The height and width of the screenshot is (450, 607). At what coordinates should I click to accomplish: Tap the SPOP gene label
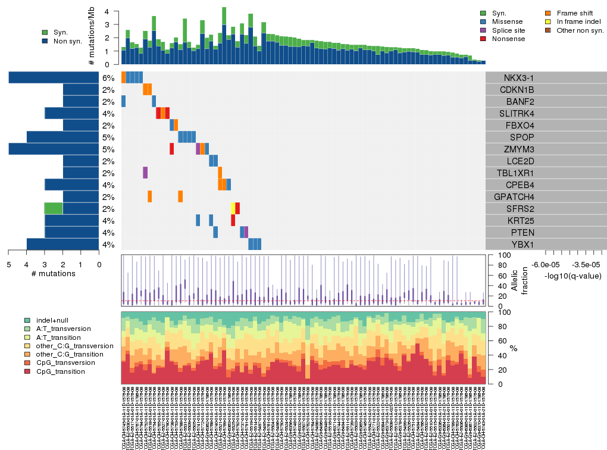click(x=522, y=137)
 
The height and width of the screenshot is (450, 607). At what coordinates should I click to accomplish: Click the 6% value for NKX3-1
click(x=108, y=78)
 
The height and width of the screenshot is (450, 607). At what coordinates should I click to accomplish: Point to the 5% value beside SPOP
click(x=108, y=137)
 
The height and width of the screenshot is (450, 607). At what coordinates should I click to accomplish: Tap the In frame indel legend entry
click(x=577, y=21)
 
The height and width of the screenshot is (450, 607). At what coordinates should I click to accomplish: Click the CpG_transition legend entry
click(x=60, y=371)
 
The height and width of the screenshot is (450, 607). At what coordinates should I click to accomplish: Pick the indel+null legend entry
click(x=52, y=320)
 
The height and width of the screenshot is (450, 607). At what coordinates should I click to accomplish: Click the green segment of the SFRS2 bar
click(x=54, y=209)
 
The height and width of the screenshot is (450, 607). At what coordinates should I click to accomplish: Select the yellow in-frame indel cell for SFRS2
click(x=233, y=208)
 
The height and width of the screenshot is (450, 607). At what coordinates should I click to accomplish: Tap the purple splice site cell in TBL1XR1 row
click(x=145, y=173)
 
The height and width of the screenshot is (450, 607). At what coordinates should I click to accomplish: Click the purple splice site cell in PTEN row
click(x=246, y=232)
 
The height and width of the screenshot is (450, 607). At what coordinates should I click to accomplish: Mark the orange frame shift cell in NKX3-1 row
click(x=123, y=77)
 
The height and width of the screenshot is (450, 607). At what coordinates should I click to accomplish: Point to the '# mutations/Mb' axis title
click(x=92, y=37)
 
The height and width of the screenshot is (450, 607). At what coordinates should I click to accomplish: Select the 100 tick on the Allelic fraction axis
click(x=495, y=255)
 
